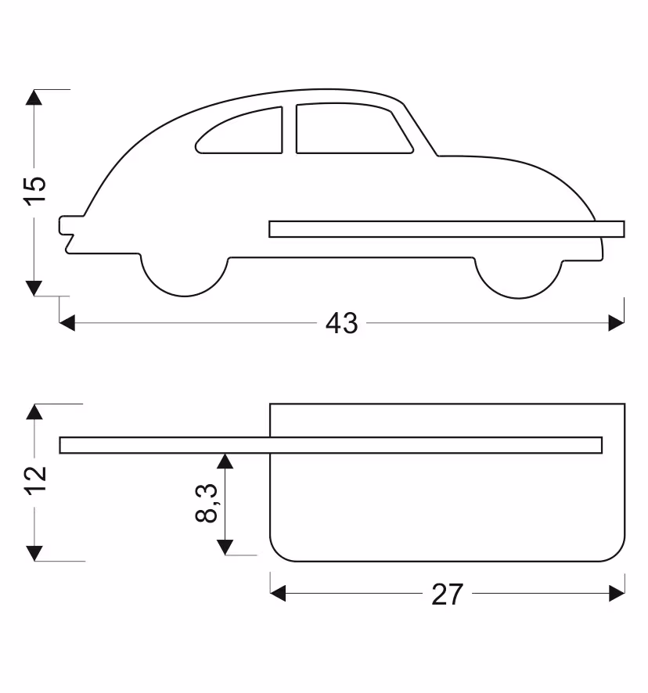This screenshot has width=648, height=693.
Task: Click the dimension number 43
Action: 341,323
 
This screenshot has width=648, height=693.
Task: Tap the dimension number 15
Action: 34,190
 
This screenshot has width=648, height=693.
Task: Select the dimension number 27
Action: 447,594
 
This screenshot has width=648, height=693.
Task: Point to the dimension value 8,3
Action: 207,503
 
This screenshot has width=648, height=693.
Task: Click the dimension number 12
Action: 35,480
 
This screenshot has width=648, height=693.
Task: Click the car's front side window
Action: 354,128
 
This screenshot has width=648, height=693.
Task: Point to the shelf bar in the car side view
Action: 447,229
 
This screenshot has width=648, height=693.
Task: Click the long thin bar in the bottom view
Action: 331,445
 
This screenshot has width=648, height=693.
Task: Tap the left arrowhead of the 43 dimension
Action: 67,322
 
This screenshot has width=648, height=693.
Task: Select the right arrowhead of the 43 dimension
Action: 617,322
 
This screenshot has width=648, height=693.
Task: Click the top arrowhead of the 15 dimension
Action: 34,97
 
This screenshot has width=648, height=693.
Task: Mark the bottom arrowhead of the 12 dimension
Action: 34,553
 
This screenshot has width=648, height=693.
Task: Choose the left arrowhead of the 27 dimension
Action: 278,593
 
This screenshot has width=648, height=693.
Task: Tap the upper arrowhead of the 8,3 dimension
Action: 225,461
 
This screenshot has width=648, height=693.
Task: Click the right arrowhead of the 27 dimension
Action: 617,593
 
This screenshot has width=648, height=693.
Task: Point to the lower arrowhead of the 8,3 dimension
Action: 225,548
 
